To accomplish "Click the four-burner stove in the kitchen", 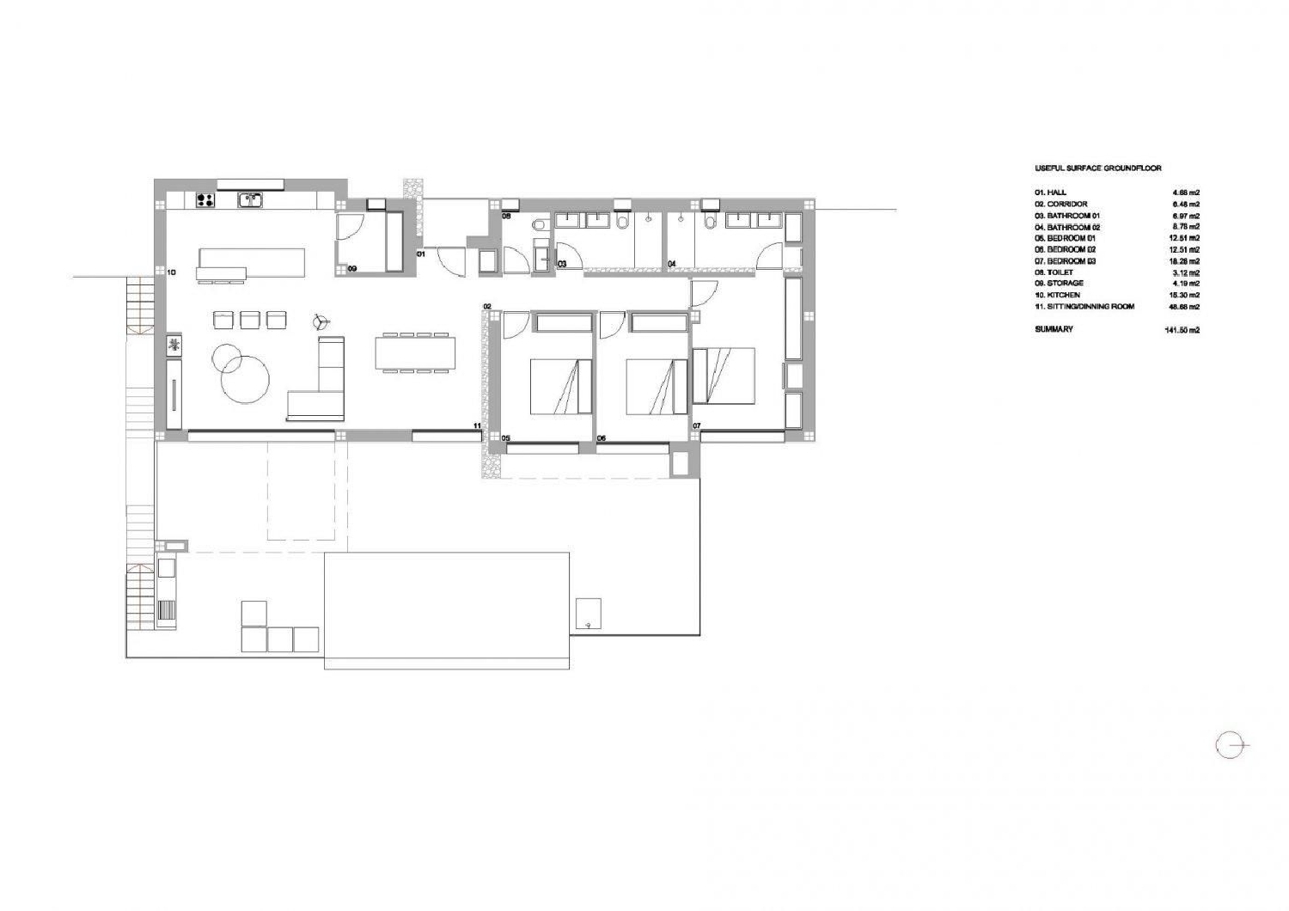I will (205, 200).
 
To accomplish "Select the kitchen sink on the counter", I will (250, 200).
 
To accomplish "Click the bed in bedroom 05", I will (560, 386).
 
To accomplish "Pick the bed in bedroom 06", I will (656, 386).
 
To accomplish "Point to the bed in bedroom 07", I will (724, 375).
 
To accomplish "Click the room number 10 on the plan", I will (171, 272).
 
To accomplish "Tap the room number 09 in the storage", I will (352, 269).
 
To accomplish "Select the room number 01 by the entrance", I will (421, 254).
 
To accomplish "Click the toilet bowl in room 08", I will (539, 225).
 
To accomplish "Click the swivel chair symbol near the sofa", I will (321, 322).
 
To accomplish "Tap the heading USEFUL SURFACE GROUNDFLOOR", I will (1097, 168).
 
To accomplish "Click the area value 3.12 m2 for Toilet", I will (1186, 272).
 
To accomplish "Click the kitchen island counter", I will (252, 261).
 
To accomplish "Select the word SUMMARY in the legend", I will (1054, 329).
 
